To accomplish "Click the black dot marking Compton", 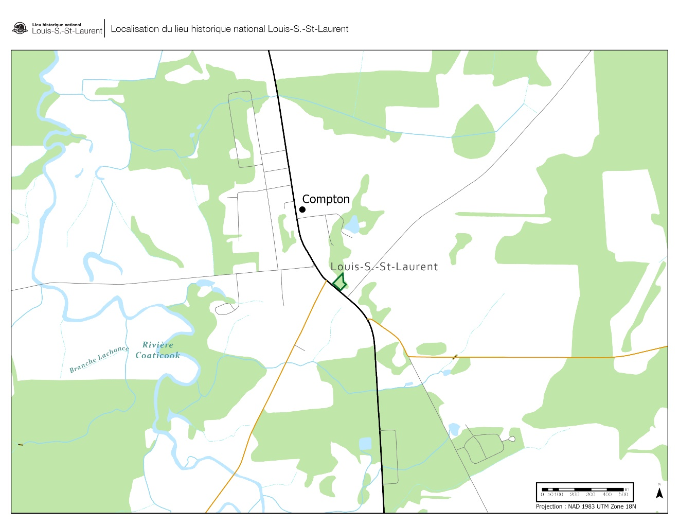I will pyautogui.click(x=302, y=209).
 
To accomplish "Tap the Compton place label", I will pyautogui.click(x=326, y=199).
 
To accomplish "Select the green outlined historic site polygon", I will pyautogui.click(x=339, y=282).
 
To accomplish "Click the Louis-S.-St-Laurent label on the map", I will pyautogui.click(x=384, y=267).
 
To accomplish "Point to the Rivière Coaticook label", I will pyautogui.click(x=158, y=350).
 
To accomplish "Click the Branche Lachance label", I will pyautogui.click(x=99, y=359).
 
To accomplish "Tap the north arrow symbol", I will pyautogui.click(x=659, y=493).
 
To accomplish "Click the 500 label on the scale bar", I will pyautogui.click(x=623, y=495).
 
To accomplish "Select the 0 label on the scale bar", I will pyautogui.click(x=542, y=495).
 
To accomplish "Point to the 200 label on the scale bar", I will pyautogui.click(x=575, y=495).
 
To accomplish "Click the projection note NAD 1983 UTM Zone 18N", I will pyautogui.click(x=586, y=506).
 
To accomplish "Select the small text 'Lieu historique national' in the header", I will pyautogui.click(x=57, y=25).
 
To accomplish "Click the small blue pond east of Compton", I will pyautogui.click(x=352, y=225).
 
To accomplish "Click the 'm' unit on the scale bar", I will pyautogui.click(x=627, y=489).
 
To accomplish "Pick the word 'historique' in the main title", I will pyautogui.click(x=212, y=29).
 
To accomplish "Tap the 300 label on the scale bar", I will pyautogui.click(x=591, y=495).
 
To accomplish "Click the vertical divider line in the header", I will pyautogui.click(x=105, y=28).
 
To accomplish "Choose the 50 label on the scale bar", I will pyautogui.click(x=550, y=495).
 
